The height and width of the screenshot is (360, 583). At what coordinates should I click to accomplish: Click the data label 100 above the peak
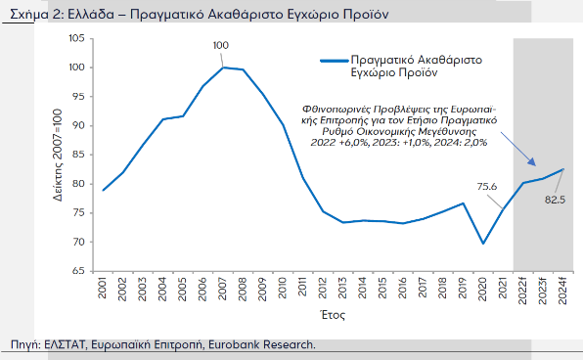(221, 46)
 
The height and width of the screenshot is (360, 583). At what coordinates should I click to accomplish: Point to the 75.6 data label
(486, 187)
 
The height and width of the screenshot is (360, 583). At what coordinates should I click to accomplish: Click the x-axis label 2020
(482, 291)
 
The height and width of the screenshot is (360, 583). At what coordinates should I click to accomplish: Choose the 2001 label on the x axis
(103, 291)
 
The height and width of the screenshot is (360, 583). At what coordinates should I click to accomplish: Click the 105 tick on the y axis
(77, 38)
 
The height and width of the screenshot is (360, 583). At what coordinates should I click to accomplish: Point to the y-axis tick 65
(80, 271)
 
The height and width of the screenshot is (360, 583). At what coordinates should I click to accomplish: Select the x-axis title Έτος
(332, 316)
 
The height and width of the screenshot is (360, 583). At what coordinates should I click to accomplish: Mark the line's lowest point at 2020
(483, 244)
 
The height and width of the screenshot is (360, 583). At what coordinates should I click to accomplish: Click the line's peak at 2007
(223, 67)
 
